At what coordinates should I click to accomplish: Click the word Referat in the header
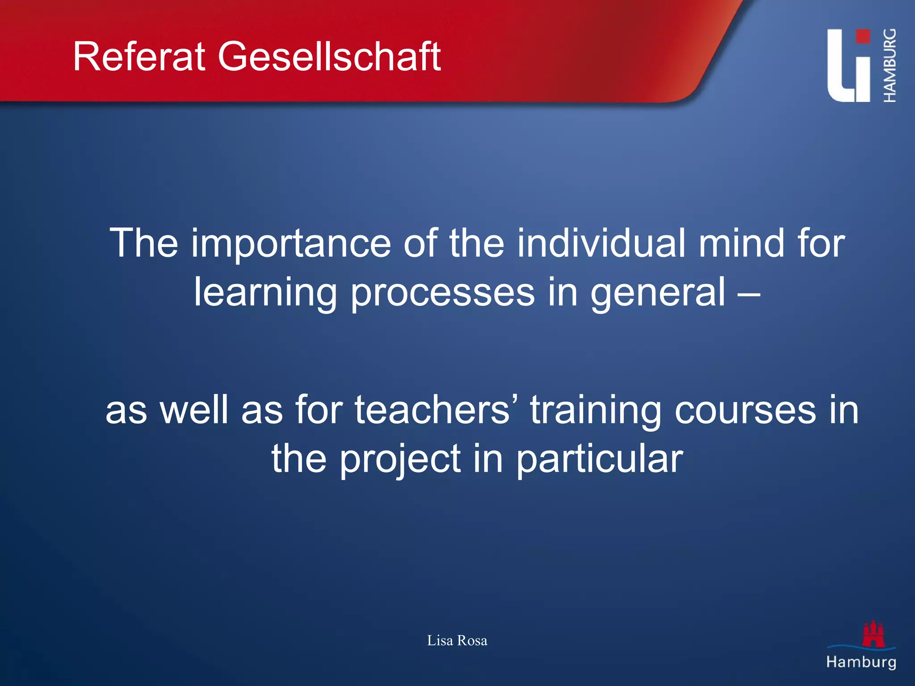pyautogui.click(x=139, y=57)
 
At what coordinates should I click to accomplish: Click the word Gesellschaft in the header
pyautogui.click(x=329, y=57)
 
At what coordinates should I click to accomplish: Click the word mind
pyautogui.click(x=741, y=243)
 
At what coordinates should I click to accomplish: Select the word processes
pyautogui.click(x=442, y=293)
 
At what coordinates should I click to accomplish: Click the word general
pyautogui.click(x=658, y=293)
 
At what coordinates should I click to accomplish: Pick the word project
pyautogui.click(x=400, y=460)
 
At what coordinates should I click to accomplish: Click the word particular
pyautogui.click(x=600, y=460)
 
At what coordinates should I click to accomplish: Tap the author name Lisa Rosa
pyautogui.click(x=457, y=640)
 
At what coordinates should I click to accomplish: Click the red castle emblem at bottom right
pyautogui.click(x=873, y=634)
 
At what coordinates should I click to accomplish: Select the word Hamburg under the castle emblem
pyautogui.click(x=861, y=662)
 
